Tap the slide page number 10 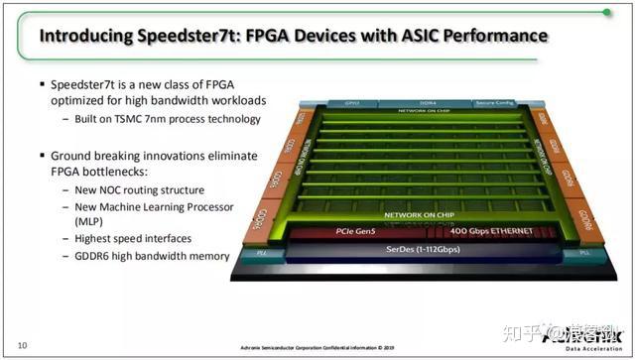click(21, 344)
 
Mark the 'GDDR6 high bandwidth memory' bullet click(147, 256)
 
